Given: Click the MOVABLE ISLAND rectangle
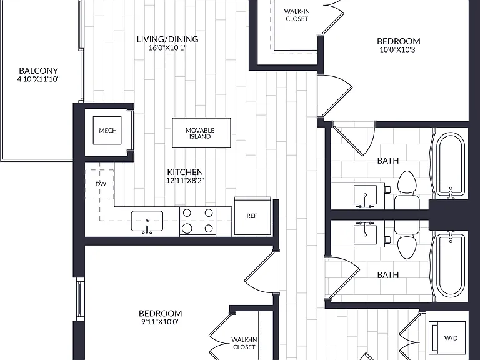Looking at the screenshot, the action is coord(201,133).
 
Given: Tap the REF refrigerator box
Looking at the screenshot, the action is coord(252,216).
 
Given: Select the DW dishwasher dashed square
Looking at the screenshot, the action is coord(99,184).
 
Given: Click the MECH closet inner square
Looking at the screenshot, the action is coord(107,131).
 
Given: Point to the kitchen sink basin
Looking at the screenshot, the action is coord(147,221).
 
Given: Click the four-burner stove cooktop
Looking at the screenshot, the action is coord(197,221).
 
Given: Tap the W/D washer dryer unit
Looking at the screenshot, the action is coord(447,338).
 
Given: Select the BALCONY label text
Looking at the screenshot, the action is coord(39,71).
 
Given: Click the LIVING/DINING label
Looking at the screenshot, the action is coord(167,39).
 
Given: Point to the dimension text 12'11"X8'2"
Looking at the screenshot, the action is coord(185,181).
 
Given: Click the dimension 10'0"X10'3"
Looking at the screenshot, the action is coord(399,50).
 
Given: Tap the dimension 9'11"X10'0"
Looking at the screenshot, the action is coord(161,322).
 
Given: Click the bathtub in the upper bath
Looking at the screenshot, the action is coord(450,164).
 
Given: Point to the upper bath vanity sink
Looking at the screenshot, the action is coord(365,195).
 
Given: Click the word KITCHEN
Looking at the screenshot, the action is coord(185,172).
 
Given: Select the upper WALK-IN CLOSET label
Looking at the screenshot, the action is coord(297,15).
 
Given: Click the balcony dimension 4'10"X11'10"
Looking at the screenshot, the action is coord(39,79).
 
